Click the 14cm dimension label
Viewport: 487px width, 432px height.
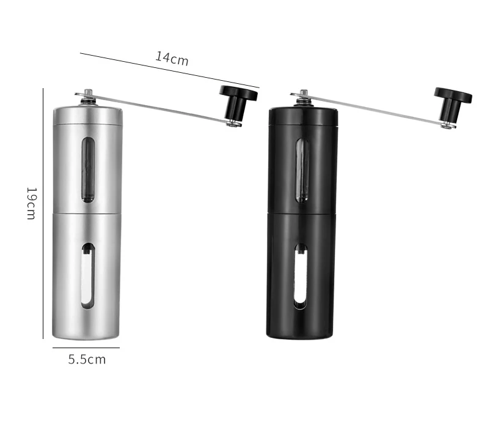click(x=172, y=58)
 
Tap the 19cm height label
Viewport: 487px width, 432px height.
click(x=31, y=203)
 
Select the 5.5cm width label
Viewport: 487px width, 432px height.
click(x=87, y=359)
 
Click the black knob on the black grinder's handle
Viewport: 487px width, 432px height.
click(x=452, y=100)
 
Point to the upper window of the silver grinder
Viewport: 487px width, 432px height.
click(x=88, y=169)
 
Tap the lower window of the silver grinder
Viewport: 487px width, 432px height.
click(x=88, y=275)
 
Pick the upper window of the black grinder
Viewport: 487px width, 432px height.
click(x=301, y=169)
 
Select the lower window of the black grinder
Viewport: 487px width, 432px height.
click(x=301, y=275)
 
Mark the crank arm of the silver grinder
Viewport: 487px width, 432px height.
click(x=159, y=109)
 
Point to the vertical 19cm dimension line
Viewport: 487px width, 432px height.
click(x=43, y=214)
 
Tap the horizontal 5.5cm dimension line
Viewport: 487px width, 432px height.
click(x=86, y=348)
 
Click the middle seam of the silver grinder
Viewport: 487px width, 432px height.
click(x=87, y=213)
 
